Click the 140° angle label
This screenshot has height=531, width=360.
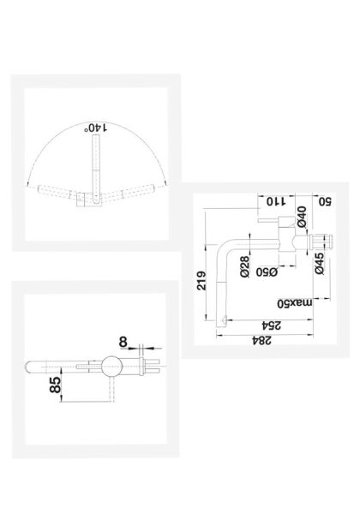pos(95,128)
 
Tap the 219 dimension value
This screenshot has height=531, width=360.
pos(201,280)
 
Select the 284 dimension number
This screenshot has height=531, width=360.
pos(262,340)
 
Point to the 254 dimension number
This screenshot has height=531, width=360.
pos(271,325)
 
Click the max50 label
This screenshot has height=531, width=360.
pos(295,303)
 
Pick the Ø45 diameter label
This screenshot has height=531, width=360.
pos(320,264)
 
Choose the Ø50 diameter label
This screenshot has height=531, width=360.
pos(267,271)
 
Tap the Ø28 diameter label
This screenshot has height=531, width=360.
pos(245,267)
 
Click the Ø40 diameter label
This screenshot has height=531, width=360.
pos(302,217)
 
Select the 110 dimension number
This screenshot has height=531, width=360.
pos(276,201)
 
